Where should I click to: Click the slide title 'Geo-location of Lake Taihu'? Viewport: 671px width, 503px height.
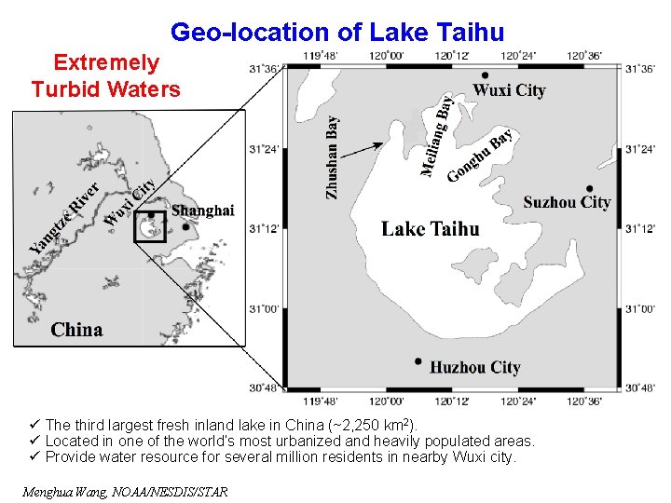coord(336,33)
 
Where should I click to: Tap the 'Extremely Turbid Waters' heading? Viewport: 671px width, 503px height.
coord(105,76)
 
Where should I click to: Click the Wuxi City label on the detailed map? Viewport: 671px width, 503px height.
coord(509,90)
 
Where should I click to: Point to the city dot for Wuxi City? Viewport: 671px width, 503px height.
coord(485,75)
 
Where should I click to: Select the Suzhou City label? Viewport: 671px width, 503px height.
coord(567,202)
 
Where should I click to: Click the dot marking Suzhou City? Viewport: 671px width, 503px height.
coord(590,188)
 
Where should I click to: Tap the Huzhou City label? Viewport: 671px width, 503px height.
coord(474,368)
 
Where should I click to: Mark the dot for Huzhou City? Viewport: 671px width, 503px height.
coord(418,361)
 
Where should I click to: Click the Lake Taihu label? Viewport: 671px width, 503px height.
coord(431,229)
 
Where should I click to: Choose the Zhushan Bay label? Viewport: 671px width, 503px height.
coord(333,156)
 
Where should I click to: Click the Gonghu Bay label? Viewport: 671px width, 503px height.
coord(480,156)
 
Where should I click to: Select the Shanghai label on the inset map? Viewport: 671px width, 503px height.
coord(202,211)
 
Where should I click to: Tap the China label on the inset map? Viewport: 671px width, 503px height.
coord(76,330)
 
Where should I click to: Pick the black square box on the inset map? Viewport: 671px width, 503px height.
coord(149,226)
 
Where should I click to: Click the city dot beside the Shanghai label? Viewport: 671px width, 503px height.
coord(186,225)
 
